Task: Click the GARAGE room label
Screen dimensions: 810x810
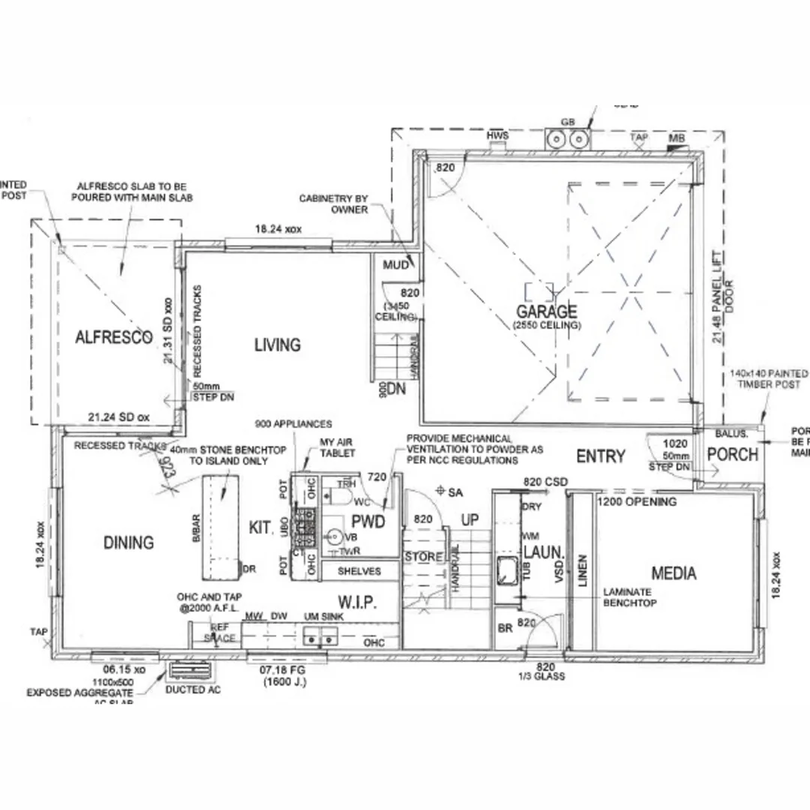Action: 546,311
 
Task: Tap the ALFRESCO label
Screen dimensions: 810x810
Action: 114,337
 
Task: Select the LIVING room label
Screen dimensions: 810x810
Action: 277,345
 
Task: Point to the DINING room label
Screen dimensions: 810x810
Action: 128,542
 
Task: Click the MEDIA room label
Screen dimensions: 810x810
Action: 673,574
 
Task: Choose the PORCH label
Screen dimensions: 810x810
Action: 733,454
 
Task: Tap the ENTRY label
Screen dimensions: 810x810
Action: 600,456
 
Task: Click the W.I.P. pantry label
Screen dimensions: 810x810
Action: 357,603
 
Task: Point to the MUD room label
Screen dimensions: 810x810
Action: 395,265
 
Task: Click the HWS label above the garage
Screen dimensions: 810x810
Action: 498,135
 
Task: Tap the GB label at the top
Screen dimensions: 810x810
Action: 567,122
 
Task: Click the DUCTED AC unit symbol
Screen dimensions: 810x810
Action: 184,670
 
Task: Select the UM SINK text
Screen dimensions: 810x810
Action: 321,616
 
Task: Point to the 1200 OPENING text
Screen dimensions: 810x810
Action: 637,501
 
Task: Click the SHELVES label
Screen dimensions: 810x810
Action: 359,571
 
